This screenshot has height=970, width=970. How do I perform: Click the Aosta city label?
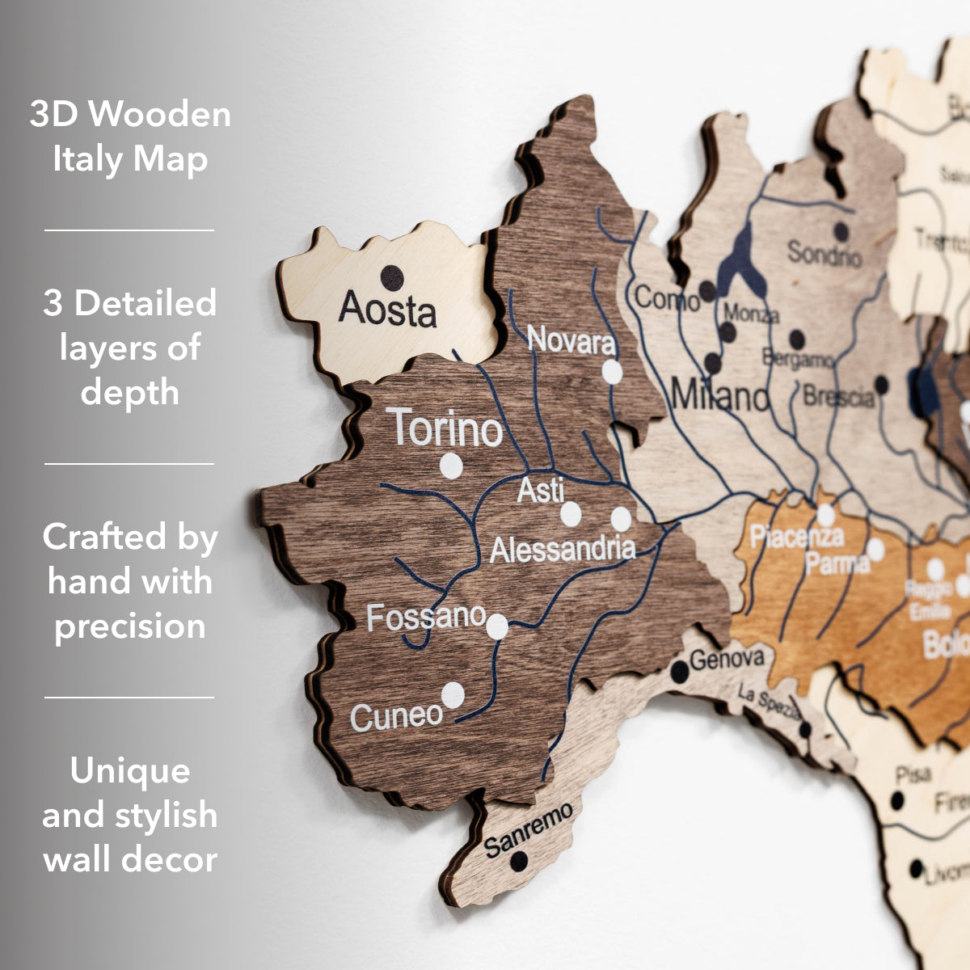(387, 310)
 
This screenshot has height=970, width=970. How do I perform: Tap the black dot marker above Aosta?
(392, 277)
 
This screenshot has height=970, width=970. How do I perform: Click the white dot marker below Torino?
(451, 466)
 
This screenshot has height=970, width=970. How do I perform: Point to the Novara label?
(571, 341)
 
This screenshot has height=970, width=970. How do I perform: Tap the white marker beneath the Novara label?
(613, 372)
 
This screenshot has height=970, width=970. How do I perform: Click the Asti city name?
(541, 490)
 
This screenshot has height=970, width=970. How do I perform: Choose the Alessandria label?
(563, 550)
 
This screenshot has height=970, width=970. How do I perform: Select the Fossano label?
(426, 618)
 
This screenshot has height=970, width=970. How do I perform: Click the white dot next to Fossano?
(497, 626)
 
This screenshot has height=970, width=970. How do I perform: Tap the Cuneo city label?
(397, 716)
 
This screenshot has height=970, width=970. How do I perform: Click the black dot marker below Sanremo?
(519, 861)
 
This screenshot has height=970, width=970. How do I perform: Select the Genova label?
(727, 659)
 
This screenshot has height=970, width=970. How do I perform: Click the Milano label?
(720, 396)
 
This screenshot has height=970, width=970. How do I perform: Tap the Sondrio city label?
(824, 254)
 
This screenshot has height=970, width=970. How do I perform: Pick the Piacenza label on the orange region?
(796, 536)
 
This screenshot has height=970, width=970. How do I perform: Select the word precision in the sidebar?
(129, 626)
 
